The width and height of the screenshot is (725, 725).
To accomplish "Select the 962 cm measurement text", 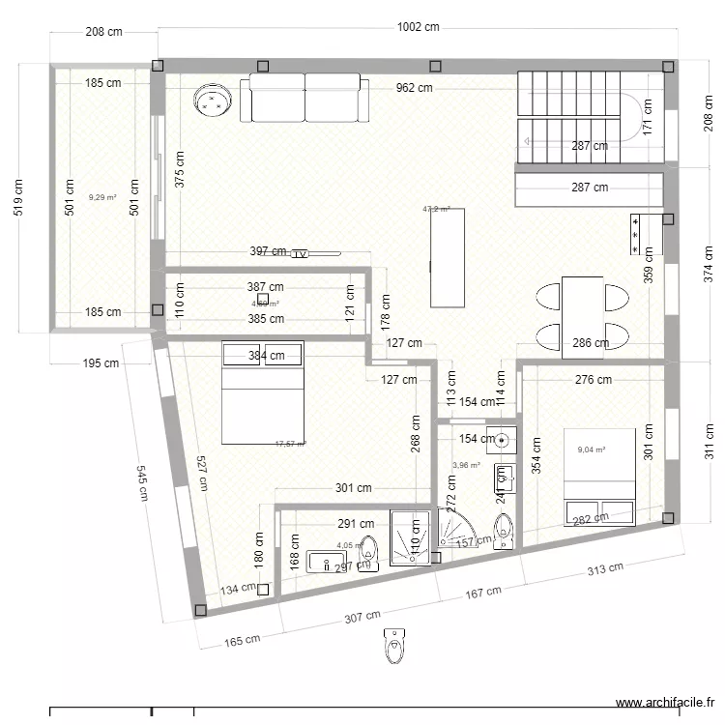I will pyautogui.click(x=414, y=88).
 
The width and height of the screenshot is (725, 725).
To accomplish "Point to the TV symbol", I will pyautogui.click(x=300, y=253).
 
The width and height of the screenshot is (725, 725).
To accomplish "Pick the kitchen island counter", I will pyautogui.click(x=448, y=257).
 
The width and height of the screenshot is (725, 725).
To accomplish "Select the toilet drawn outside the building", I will pyautogui.click(x=393, y=646).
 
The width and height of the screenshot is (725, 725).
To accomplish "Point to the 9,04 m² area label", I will pyautogui.click(x=592, y=449).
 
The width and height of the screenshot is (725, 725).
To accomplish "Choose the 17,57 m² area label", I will pyautogui.click(x=290, y=444).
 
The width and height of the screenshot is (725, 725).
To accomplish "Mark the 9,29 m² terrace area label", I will pyautogui.click(x=101, y=197).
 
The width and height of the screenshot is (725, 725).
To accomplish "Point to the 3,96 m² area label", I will pyautogui.click(x=466, y=465).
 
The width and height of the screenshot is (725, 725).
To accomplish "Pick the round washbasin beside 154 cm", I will pyautogui.click(x=503, y=440).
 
